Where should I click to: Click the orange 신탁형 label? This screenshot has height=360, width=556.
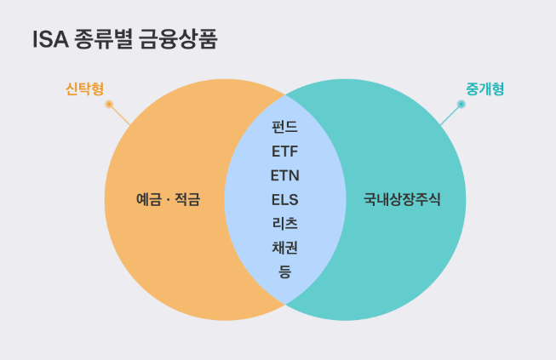click(84, 88)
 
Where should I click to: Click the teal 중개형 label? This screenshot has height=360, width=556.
click(484, 88)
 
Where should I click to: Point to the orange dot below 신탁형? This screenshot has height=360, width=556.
click(109, 105)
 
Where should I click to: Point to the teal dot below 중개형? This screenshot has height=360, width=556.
click(461, 105)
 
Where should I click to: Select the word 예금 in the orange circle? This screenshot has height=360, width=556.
click(149, 201)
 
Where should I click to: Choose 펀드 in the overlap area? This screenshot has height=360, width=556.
click(284, 128)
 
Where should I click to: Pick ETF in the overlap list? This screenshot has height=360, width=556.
click(284, 152)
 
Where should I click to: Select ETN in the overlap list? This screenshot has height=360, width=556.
click(284, 176)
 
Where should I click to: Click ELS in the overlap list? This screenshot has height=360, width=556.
click(284, 201)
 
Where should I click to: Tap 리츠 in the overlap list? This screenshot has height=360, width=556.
click(284, 225)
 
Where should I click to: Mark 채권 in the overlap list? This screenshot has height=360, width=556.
click(284, 249)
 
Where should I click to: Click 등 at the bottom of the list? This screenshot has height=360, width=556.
click(284, 272)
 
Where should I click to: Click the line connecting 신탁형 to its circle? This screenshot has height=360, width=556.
click(120, 116)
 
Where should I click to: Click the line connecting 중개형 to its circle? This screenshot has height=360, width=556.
click(450, 116)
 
